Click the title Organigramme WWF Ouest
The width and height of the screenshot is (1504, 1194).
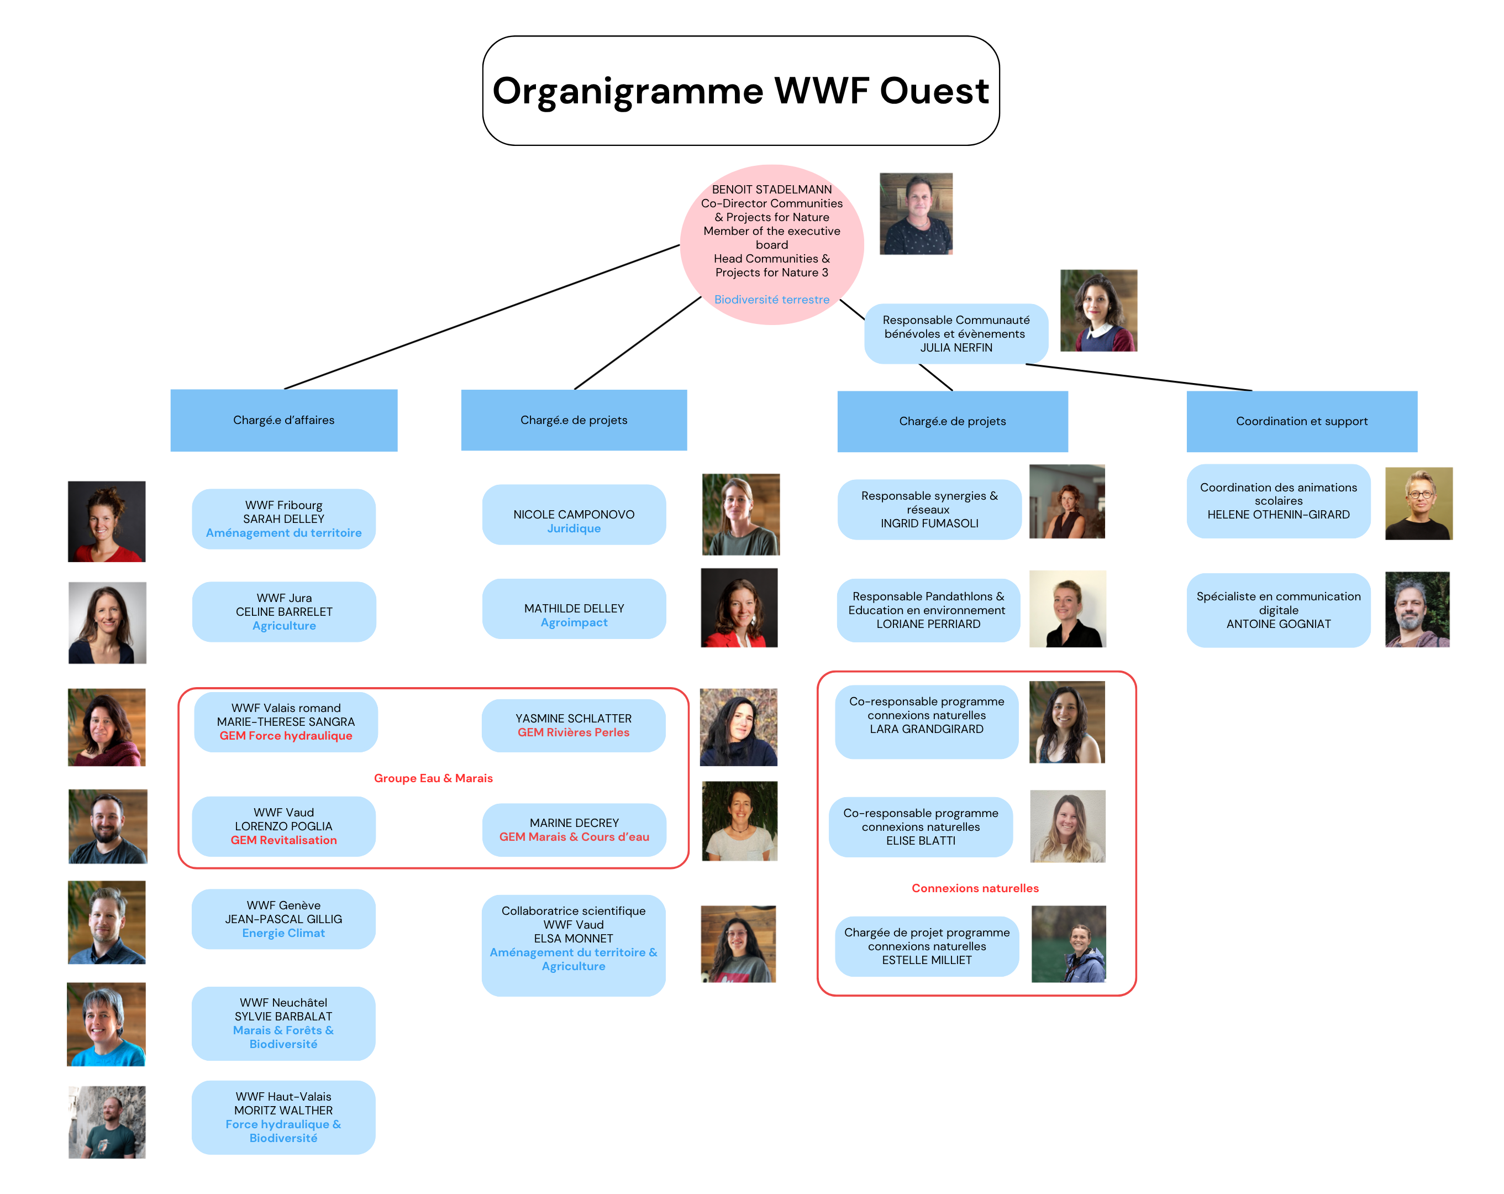pyautogui.click(x=740, y=91)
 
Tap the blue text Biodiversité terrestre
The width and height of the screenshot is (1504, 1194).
pyautogui.click(x=771, y=300)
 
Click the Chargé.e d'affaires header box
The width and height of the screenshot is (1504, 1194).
pyautogui.click(x=283, y=420)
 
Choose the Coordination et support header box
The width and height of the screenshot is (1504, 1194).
pyautogui.click(x=1301, y=422)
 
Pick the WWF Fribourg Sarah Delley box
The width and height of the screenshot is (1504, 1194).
pyautogui.click(x=283, y=519)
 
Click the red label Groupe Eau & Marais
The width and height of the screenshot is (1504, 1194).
pyautogui.click(x=433, y=778)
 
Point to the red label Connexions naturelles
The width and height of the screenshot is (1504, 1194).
pyautogui.click(x=975, y=888)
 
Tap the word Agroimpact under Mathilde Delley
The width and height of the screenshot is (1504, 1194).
pyautogui.click(x=574, y=622)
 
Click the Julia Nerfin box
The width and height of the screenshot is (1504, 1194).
pyautogui.click(x=956, y=333)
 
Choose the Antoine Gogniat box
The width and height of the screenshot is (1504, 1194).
pyautogui.click(x=1278, y=610)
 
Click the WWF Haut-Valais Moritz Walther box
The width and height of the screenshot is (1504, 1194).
pyautogui.click(x=283, y=1117)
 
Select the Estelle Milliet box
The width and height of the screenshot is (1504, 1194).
pyautogui.click(x=927, y=946)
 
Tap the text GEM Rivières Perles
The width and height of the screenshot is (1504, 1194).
pyautogui.click(x=574, y=732)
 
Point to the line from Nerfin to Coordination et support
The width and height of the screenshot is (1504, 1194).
pyautogui.click(x=1138, y=377)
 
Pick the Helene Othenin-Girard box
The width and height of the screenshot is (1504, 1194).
pyautogui.click(x=1278, y=501)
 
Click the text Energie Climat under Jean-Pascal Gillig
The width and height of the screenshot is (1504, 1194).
pyautogui.click(x=283, y=933)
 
